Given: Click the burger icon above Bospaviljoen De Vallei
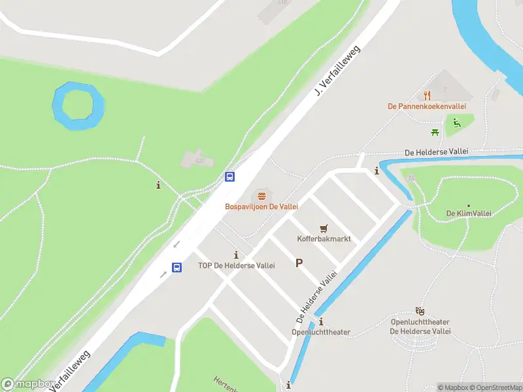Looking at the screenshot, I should point(261,195).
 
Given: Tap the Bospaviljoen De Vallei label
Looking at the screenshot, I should point(261,206).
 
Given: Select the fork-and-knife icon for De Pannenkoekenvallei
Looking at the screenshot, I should point(427,95).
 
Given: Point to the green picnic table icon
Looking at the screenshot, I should point(434,133).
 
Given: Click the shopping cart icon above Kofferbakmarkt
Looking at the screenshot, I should point(324,228).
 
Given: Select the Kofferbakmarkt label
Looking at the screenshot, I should point(324,239).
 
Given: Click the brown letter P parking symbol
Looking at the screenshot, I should point(299,263).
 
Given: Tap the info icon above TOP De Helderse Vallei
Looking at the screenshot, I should point(236,255).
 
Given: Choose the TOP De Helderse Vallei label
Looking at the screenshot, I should point(236,266).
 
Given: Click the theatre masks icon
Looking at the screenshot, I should point(419,312).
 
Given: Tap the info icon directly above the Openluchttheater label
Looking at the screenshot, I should point(321,321).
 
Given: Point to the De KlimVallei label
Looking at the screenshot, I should point(469,214).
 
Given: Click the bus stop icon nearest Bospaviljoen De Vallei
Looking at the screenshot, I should point(229,176).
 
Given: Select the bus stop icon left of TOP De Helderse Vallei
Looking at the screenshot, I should point(177,267).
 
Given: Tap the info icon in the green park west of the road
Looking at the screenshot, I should point(158,186).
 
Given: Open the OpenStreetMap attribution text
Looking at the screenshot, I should point(495,387).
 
